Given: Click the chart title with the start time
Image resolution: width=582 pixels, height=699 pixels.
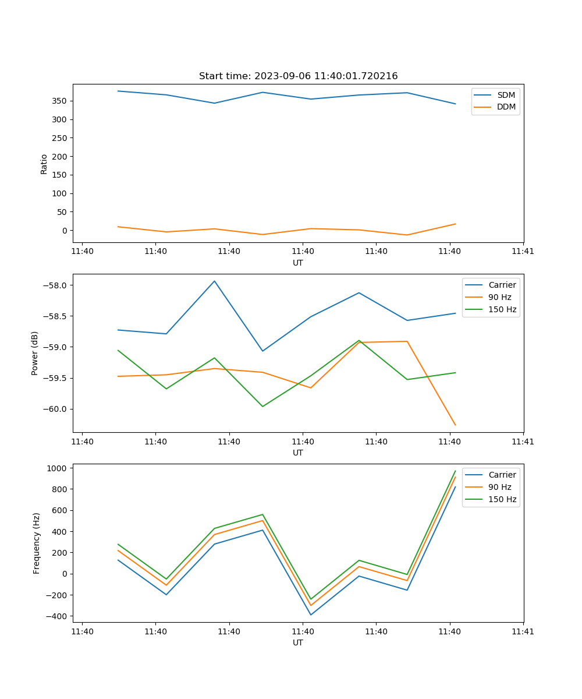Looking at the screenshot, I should click(x=298, y=76).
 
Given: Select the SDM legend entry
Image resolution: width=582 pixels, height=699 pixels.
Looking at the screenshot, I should click(x=506, y=95).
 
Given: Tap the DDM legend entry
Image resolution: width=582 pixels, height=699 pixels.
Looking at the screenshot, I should click(x=506, y=107).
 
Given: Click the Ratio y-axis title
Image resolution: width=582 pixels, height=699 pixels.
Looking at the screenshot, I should click(x=44, y=164).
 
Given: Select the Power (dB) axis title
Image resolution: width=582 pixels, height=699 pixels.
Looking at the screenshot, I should click(x=36, y=353).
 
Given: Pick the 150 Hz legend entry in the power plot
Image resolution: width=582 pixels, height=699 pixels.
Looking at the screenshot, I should click(x=502, y=309).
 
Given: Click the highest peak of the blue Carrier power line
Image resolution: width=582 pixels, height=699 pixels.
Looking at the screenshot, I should click(x=214, y=281).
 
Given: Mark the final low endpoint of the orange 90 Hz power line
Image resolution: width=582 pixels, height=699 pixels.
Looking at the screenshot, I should click(x=455, y=425).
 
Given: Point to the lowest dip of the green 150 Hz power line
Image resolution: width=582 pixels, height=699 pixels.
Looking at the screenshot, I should click(x=262, y=407).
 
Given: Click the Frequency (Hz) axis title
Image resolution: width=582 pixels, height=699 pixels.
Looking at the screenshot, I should click(x=37, y=543).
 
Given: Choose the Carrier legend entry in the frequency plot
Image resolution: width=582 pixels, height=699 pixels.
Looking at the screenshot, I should click(x=502, y=475).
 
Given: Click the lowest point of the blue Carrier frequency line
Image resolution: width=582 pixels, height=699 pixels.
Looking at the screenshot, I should click(x=311, y=615).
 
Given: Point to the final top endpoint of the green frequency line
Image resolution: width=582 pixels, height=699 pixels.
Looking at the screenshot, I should click(x=455, y=471).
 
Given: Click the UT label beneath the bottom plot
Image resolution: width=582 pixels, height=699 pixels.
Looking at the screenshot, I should click(x=298, y=642).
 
